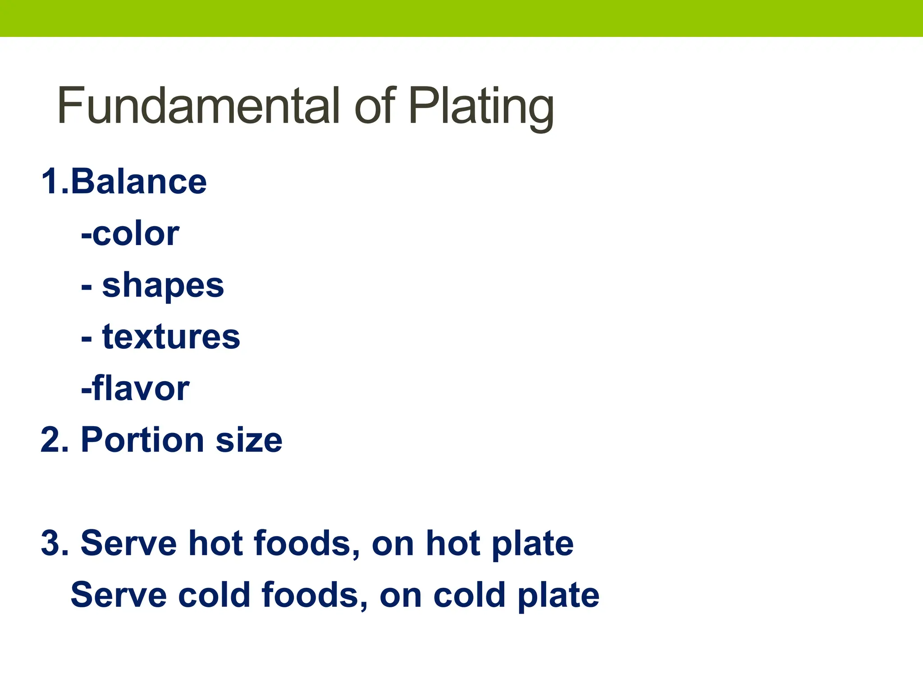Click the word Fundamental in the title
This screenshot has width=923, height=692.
[x=198, y=106]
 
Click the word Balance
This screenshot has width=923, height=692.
[x=138, y=182]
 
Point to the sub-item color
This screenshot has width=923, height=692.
[x=136, y=234]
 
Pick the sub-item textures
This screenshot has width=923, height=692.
[x=171, y=337]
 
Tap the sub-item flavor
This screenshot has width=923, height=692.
[x=141, y=388]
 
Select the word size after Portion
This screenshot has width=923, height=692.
[x=249, y=440]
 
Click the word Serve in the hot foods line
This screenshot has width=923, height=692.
[x=128, y=543]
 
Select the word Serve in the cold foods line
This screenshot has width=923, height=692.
[x=119, y=595]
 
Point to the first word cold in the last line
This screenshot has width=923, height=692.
[x=214, y=595]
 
